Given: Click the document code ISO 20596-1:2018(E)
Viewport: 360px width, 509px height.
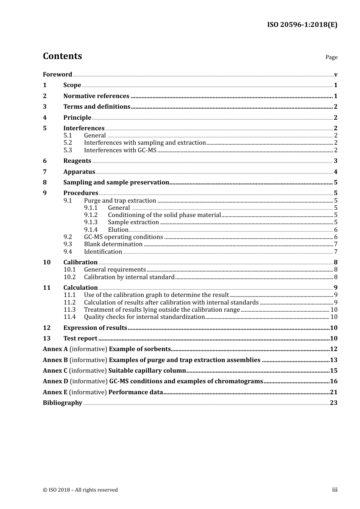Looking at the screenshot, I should [x=302, y=25].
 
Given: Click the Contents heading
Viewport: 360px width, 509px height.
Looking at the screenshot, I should [x=62, y=56].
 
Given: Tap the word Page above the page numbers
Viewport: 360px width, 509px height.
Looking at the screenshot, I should [x=331, y=57].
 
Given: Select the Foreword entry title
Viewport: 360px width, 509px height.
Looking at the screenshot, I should [x=57, y=74].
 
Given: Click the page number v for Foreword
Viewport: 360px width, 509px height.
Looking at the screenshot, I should [x=335, y=75].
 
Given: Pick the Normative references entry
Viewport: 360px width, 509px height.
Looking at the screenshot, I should [x=96, y=96].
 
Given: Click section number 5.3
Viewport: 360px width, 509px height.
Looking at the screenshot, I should [x=67, y=150].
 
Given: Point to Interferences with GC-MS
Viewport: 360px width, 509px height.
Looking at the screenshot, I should [x=120, y=150].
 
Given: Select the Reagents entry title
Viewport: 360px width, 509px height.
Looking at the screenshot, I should [x=77, y=161].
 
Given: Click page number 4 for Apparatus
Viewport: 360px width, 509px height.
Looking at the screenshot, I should [x=335, y=172].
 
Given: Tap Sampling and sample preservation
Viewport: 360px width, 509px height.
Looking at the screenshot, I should [x=116, y=183].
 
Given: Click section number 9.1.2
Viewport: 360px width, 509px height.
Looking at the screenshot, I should [x=91, y=215].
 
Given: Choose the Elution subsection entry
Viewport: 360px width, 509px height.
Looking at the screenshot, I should [x=118, y=230].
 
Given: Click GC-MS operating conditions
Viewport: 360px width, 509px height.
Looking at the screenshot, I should [x=123, y=237].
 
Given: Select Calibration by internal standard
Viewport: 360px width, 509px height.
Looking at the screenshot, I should [x=129, y=277].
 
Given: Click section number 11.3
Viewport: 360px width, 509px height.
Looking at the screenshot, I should [x=69, y=310].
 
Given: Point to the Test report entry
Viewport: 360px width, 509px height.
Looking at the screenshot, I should [x=80, y=339].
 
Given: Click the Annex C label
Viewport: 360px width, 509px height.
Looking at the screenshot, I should [x=55, y=371].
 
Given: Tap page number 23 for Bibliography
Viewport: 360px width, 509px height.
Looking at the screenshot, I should [x=333, y=403].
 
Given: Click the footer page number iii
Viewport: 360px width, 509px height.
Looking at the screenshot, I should [x=335, y=490].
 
